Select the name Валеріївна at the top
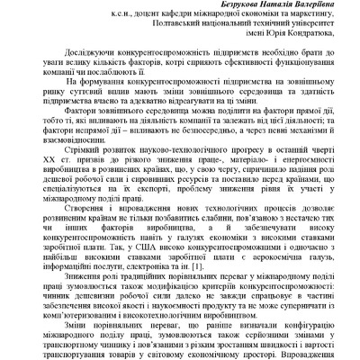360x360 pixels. (306, 7)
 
